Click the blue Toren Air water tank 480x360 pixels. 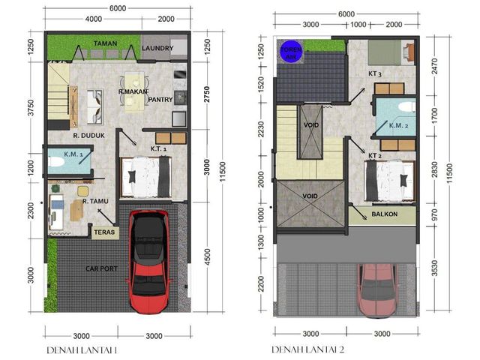pyautogui.click(x=292, y=52)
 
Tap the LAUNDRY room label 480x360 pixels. pyautogui.click(x=157, y=48)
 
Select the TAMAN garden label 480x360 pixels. pyautogui.click(x=105, y=43)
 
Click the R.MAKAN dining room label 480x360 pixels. pyautogui.click(x=133, y=91)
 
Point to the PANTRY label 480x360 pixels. pyautogui.click(x=160, y=100)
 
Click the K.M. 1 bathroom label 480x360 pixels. pyautogui.click(x=73, y=154)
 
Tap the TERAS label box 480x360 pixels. pyautogui.click(x=104, y=232)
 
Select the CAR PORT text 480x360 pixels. pyautogui.click(x=102, y=268)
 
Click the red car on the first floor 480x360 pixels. pyautogui.click(x=149, y=262)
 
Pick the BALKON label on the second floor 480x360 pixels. pyautogui.click(x=385, y=214)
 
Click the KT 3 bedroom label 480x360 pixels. pyautogui.click(x=375, y=73)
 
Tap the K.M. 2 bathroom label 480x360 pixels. pyautogui.click(x=398, y=125)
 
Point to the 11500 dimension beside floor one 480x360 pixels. pyautogui.click(x=223, y=172)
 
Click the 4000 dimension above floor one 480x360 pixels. pyautogui.click(x=94, y=19)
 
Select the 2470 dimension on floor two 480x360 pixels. pyautogui.click(x=434, y=66)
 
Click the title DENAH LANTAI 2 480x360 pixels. pyautogui.click(x=308, y=349)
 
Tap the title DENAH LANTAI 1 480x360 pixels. pyautogui.click(x=82, y=350)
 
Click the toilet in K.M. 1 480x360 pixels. pyautogui.click(x=56, y=161)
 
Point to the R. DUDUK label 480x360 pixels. pyautogui.click(x=88, y=135)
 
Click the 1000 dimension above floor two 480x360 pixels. pyautogui.click(x=358, y=25)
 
